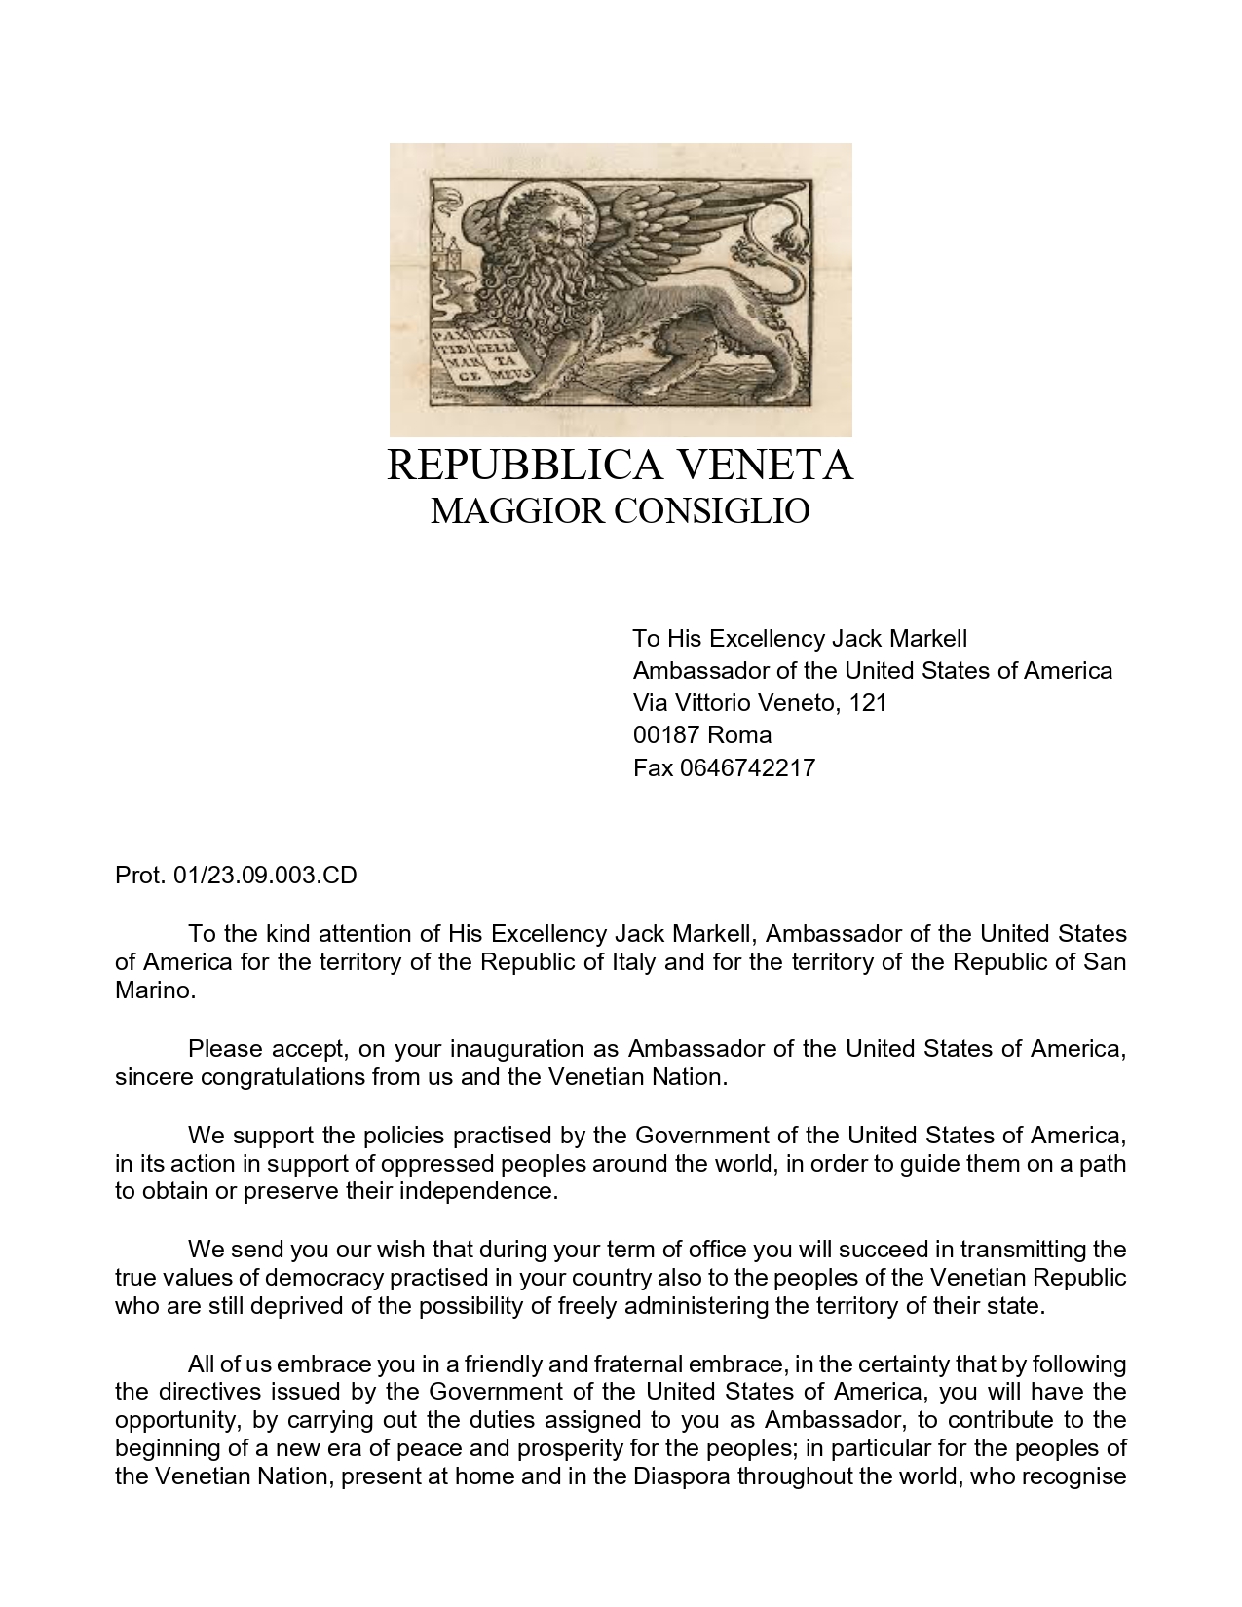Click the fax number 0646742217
click(x=747, y=768)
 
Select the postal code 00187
click(x=666, y=735)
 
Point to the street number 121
click(x=868, y=703)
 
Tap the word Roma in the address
click(x=739, y=735)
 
